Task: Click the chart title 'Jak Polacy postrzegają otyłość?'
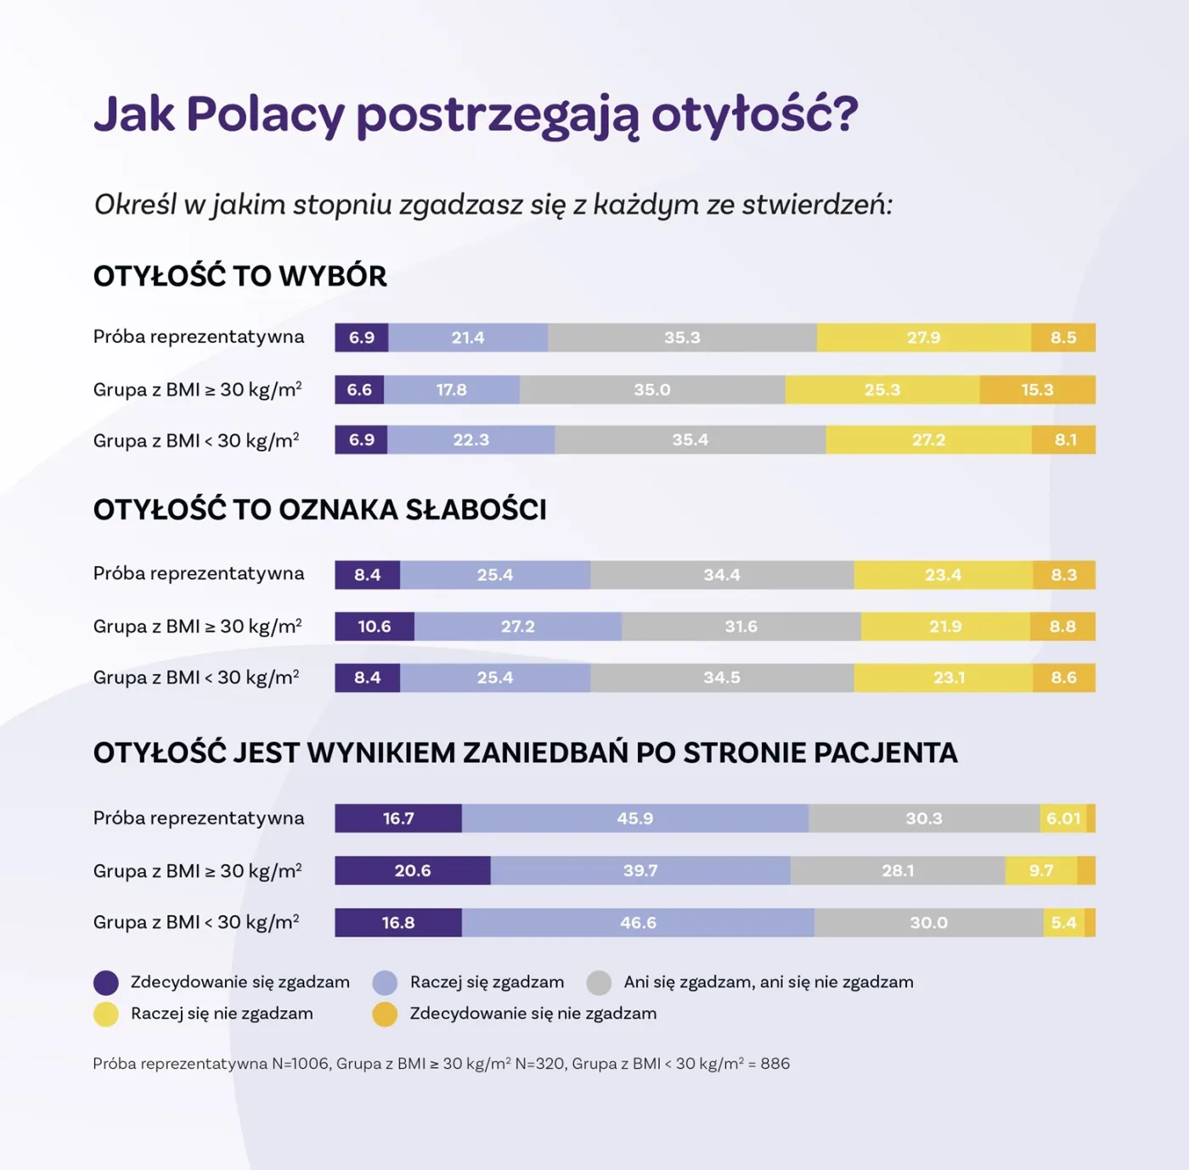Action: click(x=476, y=115)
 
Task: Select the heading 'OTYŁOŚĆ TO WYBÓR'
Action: click(x=239, y=277)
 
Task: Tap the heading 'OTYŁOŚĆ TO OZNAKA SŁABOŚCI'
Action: click(x=319, y=509)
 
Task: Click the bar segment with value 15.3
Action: click(x=1037, y=390)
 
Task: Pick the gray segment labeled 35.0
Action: click(x=652, y=390)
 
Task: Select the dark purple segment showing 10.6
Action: click(x=374, y=627)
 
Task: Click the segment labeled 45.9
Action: click(x=635, y=818)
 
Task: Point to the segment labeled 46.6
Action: click(x=638, y=923)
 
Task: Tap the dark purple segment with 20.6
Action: click(x=413, y=871)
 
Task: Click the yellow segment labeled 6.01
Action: click(x=1062, y=818)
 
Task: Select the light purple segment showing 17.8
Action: click(x=452, y=390)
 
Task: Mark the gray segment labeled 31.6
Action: click(x=741, y=627)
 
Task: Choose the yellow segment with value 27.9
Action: click(x=924, y=338)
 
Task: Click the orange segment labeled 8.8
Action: click(x=1062, y=627)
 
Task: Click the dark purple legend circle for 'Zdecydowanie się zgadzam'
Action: click(x=106, y=983)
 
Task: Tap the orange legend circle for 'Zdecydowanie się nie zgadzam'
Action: click(x=385, y=1015)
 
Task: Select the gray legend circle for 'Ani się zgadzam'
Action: click(x=599, y=983)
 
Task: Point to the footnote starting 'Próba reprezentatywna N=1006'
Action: click(x=441, y=1064)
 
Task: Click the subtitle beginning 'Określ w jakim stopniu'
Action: click(x=493, y=205)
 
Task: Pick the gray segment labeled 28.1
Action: click(x=898, y=871)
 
